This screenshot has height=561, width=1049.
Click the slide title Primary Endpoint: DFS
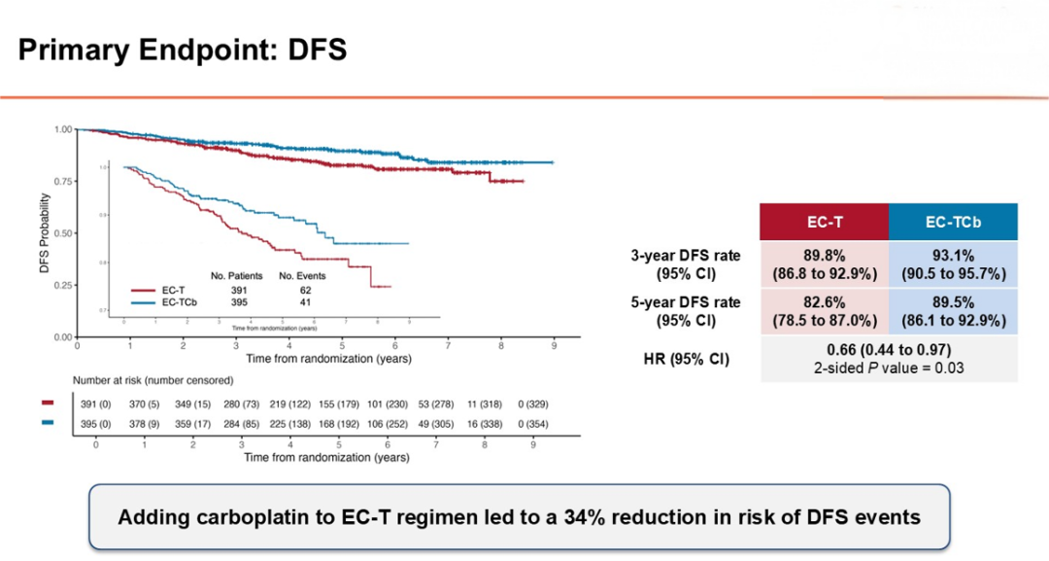183,50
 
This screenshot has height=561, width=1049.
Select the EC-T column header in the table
825,222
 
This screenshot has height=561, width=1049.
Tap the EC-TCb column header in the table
953,222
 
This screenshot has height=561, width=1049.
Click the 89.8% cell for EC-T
825,263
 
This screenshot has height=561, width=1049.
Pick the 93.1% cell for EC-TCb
953,263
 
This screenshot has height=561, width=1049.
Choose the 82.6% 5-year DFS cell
825,311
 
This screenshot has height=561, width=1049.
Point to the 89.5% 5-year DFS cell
953,311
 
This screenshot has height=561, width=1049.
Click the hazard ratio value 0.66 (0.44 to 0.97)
889,349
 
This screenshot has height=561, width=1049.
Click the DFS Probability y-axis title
45,232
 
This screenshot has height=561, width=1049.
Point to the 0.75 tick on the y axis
63,181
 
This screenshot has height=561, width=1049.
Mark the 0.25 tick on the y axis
63,285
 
